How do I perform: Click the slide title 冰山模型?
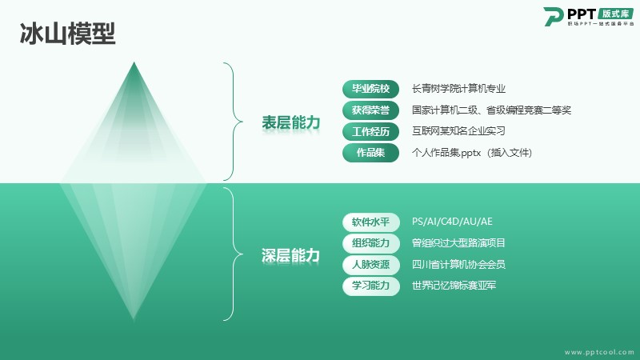[68, 34]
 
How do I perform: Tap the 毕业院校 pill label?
[370, 89]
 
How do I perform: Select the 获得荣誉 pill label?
[370, 110]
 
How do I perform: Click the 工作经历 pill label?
[370, 131]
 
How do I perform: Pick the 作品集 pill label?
[370, 153]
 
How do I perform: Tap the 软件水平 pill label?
[370, 222]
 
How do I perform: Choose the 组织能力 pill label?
[370, 243]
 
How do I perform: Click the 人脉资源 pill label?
[370, 265]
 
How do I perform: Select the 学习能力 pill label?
[370, 286]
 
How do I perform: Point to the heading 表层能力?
[290, 122]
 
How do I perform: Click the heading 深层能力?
[290, 255]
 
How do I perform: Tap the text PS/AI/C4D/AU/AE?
[452, 222]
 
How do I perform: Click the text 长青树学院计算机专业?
[458, 89]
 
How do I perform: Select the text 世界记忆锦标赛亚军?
[454, 286]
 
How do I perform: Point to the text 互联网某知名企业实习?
[458, 131]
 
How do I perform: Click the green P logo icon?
[554, 16]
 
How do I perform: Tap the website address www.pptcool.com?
[599, 352]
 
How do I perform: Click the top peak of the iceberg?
[134, 62]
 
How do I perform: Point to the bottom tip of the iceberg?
[134, 319]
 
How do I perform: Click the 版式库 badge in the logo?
[615, 14]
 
